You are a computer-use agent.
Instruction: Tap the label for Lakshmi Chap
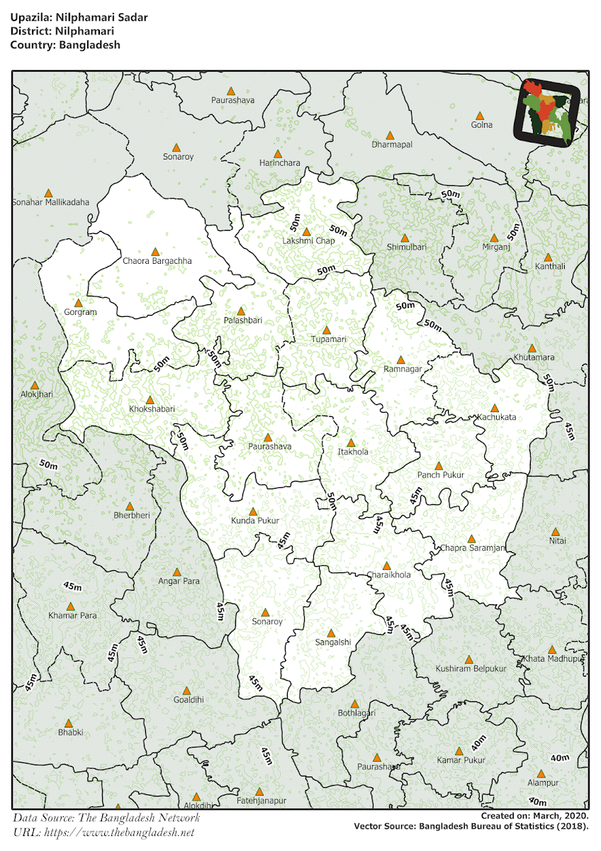(308, 241)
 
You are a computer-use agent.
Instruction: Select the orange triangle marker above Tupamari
(327, 330)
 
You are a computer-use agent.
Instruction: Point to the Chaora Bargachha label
(157, 261)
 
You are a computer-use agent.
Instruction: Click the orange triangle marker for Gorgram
(79, 303)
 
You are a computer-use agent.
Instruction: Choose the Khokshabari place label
(152, 409)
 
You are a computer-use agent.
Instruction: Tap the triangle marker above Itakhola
(350, 443)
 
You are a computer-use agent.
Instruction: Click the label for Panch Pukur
(439, 475)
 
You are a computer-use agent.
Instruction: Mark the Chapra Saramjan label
(473, 548)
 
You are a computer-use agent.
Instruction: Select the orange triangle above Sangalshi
(331, 633)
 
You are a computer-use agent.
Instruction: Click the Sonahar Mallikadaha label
(51, 202)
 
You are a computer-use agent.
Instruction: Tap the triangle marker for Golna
(480, 116)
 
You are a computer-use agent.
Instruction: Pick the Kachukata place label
(496, 417)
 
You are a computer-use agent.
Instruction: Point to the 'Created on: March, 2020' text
(534, 816)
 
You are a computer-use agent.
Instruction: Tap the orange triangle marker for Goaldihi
(187, 690)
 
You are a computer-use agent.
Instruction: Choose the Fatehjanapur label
(262, 801)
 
